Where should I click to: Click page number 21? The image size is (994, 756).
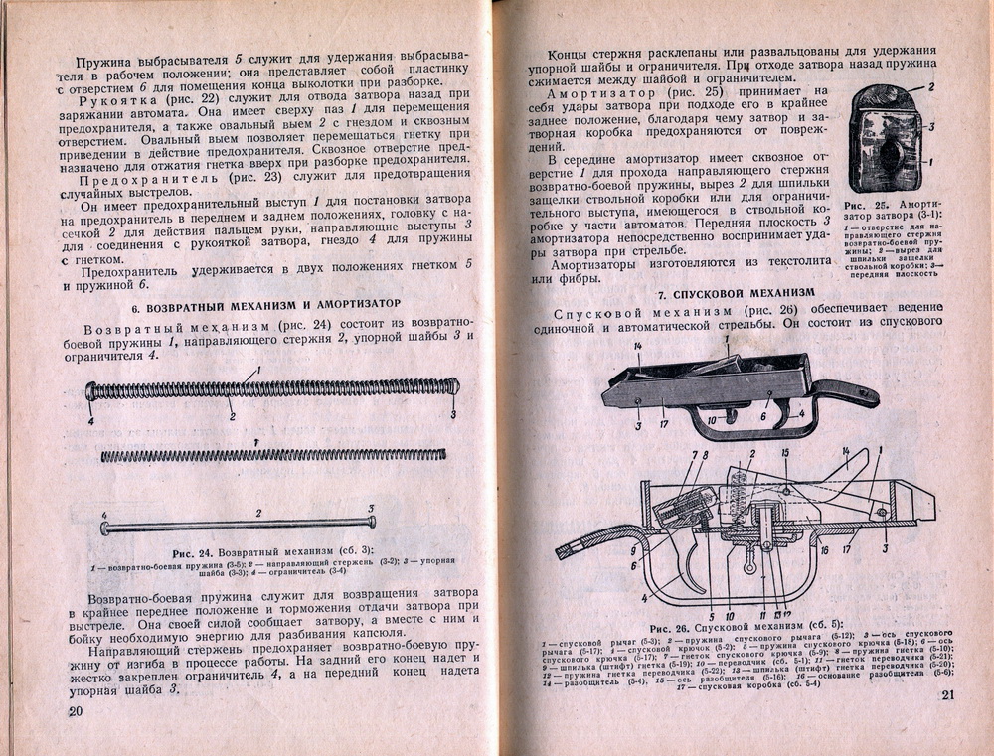[x=944, y=694]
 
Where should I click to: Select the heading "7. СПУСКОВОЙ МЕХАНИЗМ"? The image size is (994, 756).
[x=737, y=294]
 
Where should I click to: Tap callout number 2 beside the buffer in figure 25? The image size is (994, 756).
[x=931, y=87]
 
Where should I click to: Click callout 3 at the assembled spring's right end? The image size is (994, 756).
[x=453, y=414]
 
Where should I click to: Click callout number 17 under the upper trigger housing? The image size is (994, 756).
[x=663, y=426]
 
